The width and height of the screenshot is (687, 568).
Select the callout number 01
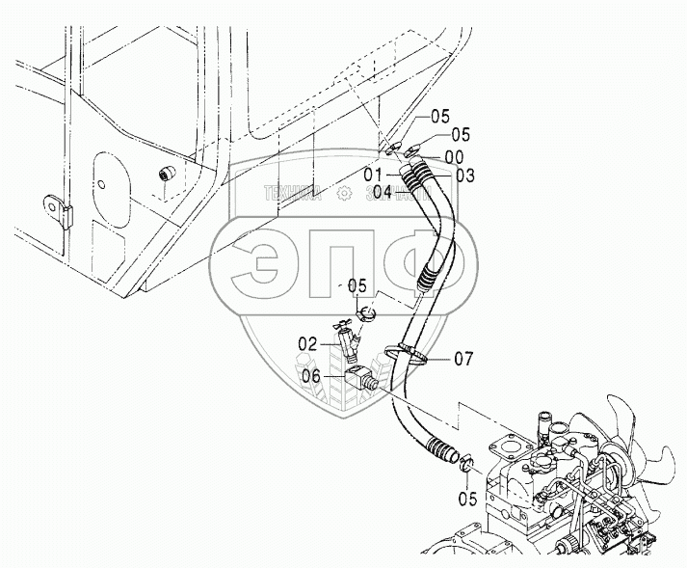380,174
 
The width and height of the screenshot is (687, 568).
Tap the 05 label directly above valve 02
357,286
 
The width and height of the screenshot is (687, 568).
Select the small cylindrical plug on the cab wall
168,175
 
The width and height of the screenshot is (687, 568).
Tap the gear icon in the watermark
343,193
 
